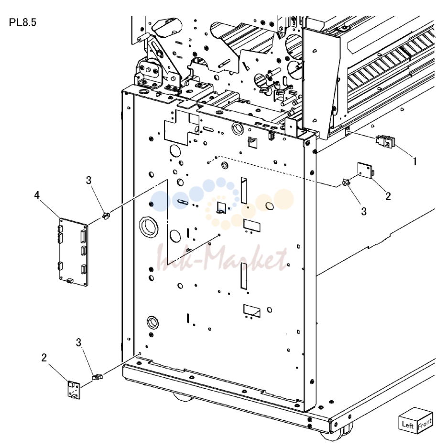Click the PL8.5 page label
[x=22, y=22]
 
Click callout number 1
[x=414, y=162]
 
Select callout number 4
[x=37, y=195]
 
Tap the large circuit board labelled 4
[x=74, y=252]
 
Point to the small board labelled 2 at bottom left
[x=74, y=390]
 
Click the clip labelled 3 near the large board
[x=106, y=216]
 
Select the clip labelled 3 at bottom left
[x=97, y=377]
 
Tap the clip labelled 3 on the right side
[x=346, y=182]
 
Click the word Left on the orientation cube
[x=408, y=425]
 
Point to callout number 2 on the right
[x=388, y=196]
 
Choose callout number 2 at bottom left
[x=44, y=357]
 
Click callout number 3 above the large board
[x=88, y=180]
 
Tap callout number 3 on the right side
[x=364, y=212]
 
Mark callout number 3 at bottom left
[x=78, y=342]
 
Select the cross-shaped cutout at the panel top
[x=182, y=128]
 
